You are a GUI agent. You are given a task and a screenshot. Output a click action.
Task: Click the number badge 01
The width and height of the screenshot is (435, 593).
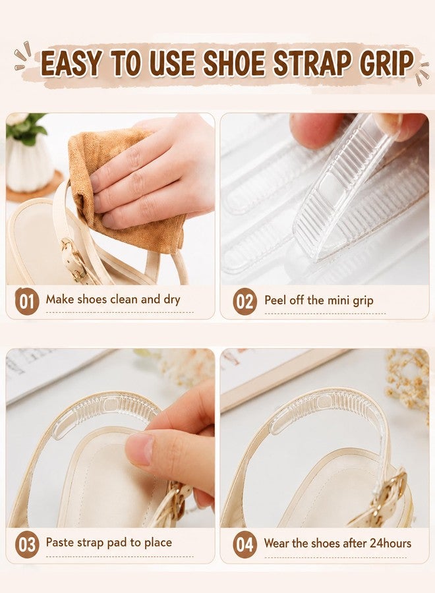click(26, 301)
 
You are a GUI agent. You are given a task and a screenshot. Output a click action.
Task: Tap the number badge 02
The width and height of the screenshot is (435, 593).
click(245, 301)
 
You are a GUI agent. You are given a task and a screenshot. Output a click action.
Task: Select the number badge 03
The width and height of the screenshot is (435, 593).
click(26, 545)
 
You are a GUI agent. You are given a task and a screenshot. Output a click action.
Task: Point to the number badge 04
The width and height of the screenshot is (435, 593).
click(245, 545)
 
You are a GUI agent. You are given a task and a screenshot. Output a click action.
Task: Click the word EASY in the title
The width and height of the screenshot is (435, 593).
click(71, 63)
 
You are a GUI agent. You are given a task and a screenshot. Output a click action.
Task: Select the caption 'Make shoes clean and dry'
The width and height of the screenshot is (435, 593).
click(113, 300)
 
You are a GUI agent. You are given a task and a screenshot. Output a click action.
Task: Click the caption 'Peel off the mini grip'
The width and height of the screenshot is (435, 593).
click(319, 300)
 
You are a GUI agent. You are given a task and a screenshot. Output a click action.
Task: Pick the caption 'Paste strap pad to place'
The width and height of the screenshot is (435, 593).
click(109, 543)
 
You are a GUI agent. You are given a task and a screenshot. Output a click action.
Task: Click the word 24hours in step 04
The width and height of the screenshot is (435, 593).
click(390, 543)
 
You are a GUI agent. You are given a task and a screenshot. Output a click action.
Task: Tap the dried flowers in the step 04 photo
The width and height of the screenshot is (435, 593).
click(409, 382)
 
